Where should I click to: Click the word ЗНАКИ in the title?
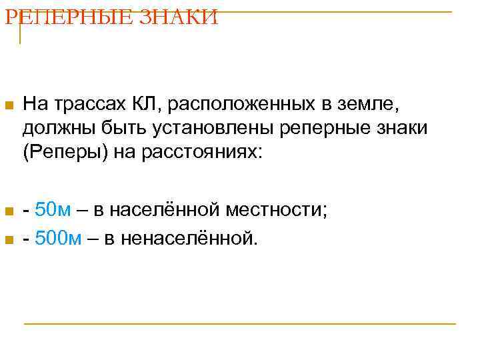click(x=179, y=17)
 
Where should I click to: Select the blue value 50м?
click(x=53, y=211)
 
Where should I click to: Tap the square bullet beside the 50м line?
click(x=7, y=213)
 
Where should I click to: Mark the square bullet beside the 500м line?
click(x=7, y=239)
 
